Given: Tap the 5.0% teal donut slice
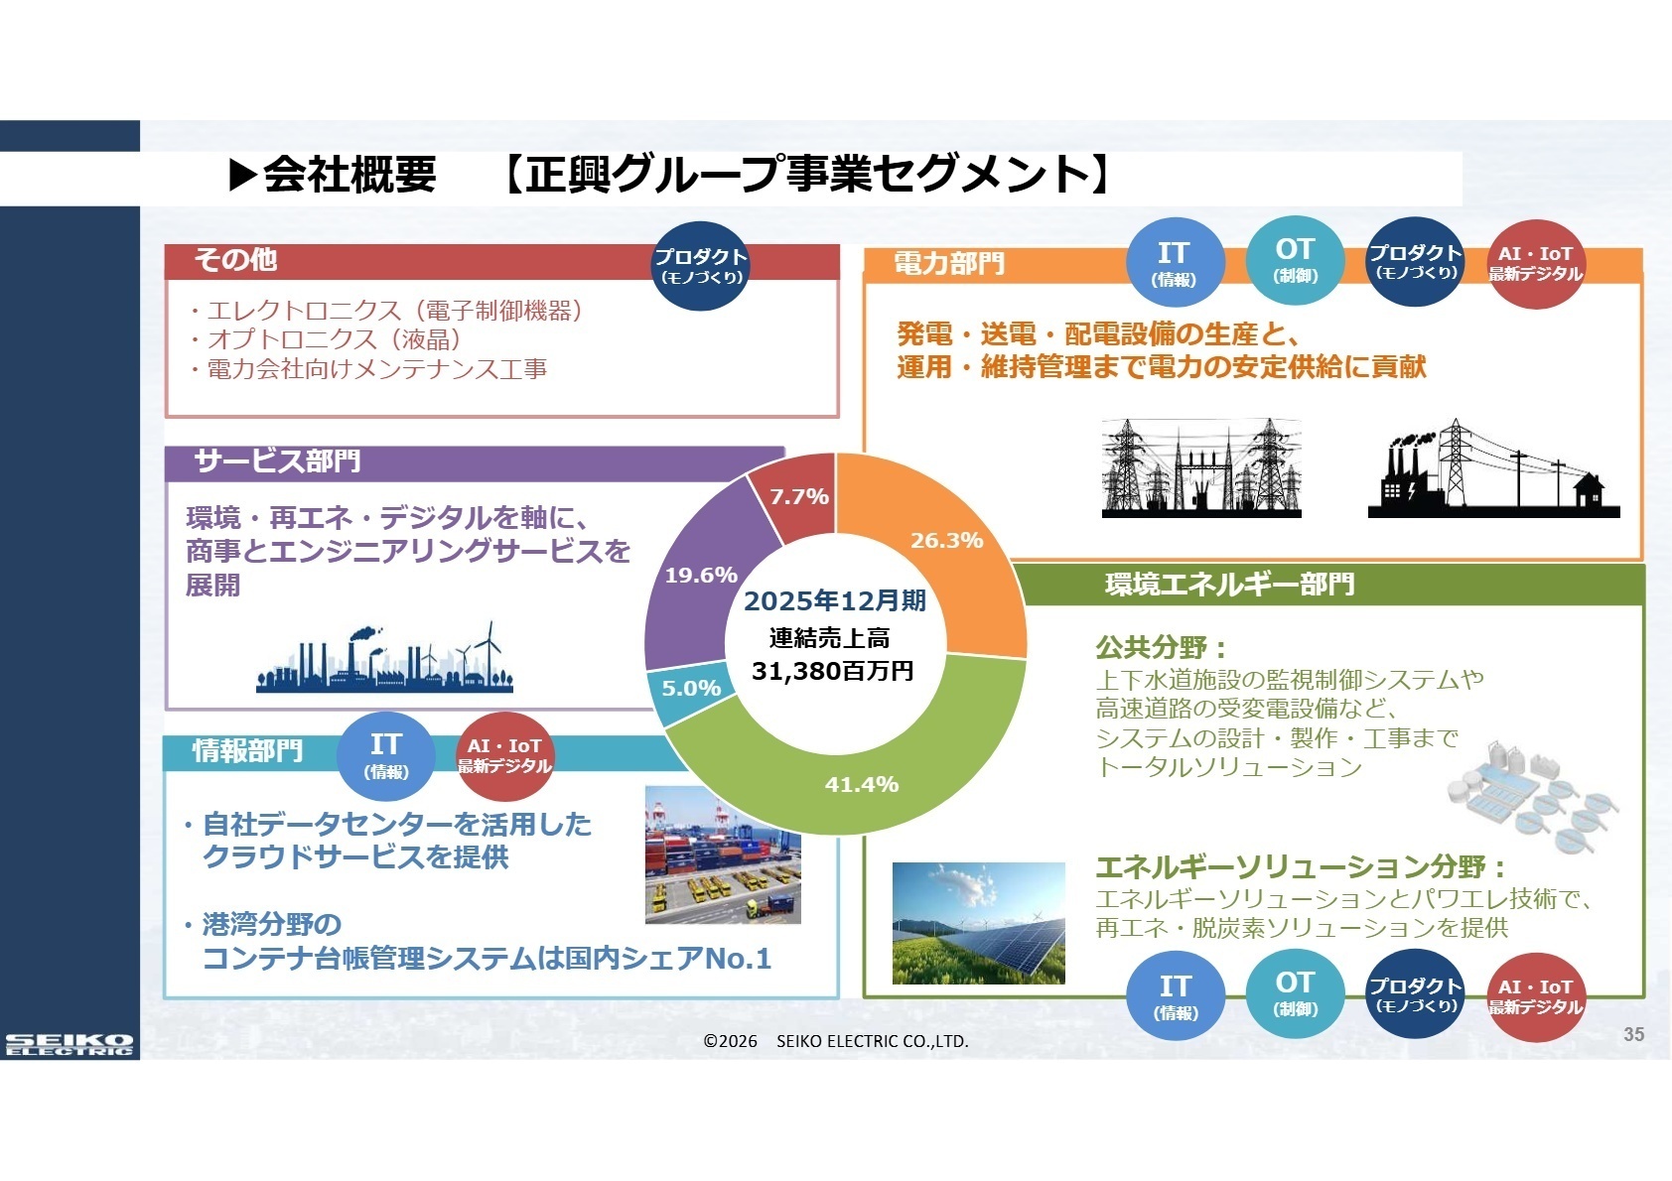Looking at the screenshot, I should [691, 688].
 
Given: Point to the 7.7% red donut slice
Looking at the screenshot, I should [798, 496].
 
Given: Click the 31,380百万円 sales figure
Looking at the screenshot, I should [832, 672].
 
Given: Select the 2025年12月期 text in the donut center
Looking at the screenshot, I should [834, 600].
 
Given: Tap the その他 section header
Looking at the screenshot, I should [235, 260].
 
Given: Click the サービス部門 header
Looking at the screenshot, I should [277, 461].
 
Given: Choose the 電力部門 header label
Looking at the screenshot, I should [949, 264].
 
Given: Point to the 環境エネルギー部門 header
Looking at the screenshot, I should [1229, 585].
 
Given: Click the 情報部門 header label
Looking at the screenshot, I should [247, 751].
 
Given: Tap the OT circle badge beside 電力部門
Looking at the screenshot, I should [1295, 259].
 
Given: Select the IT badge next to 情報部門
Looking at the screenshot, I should [385, 755].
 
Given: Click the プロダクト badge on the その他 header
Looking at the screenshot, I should [701, 265].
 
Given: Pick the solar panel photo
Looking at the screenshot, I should [978, 923].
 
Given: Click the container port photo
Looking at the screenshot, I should [723, 854].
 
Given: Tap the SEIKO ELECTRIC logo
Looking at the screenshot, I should [69, 1044].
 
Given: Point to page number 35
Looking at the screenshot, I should [1633, 1034].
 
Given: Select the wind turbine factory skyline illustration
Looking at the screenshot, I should [384, 659].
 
